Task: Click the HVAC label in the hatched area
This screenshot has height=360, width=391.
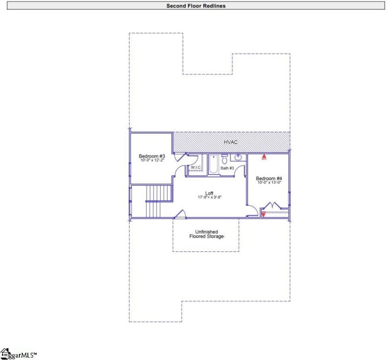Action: point(231,142)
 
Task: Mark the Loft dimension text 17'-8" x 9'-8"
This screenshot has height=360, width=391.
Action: point(210,198)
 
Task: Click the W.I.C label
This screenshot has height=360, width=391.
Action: point(196,167)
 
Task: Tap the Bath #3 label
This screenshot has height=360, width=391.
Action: point(227,168)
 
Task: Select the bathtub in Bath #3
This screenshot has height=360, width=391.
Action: point(213,165)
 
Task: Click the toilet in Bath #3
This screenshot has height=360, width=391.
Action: point(224,159)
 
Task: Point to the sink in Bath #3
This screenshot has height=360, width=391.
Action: point(239,157)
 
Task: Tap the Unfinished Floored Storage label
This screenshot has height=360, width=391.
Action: point(206,234)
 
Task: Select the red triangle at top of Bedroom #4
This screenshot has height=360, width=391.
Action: point(263,157)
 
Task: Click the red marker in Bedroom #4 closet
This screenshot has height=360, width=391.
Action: point(263,213)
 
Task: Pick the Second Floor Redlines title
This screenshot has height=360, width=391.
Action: point(195,6)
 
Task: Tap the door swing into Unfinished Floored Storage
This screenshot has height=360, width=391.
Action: point(179,214)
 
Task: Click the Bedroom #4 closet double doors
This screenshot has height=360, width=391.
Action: point(272,206)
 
